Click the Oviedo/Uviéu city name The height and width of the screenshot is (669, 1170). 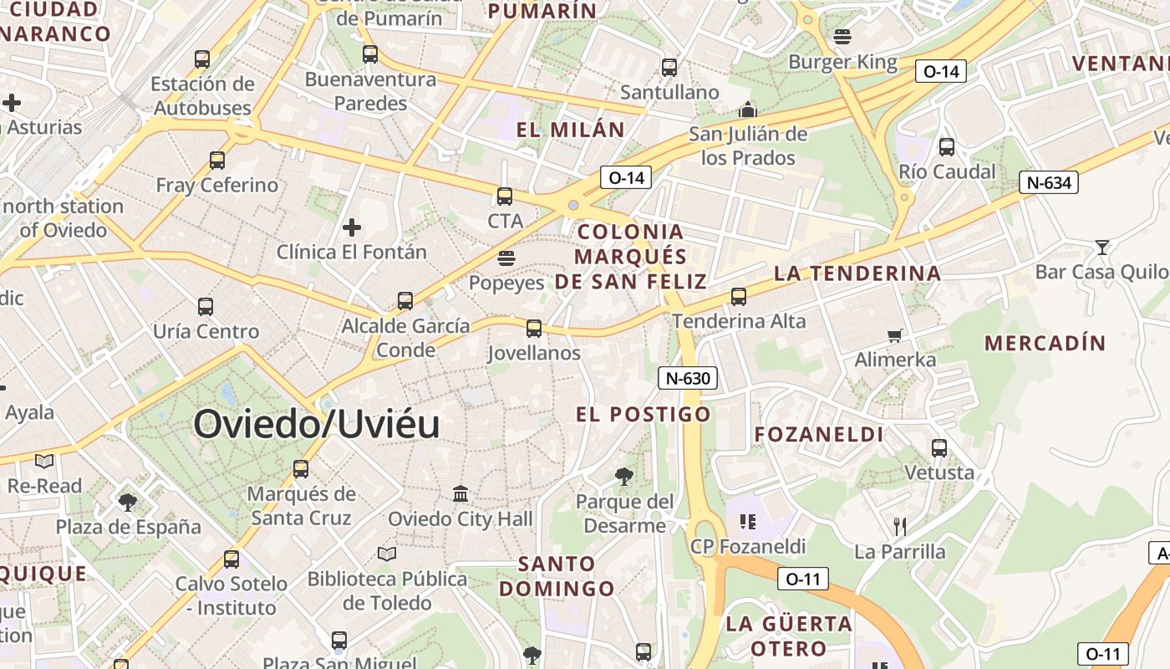coord(317,425)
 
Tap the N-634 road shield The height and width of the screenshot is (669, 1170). coord(1049,182)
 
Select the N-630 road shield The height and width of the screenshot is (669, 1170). coord(689,378)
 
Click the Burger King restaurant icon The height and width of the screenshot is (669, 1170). coord(842,37)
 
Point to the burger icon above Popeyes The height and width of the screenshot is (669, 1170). coord(506,258)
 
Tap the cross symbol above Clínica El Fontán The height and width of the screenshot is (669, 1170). coord(352,227)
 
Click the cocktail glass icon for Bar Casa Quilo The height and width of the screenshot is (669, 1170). coord(1102,248)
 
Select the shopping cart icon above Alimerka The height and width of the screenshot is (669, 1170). coord(895,336)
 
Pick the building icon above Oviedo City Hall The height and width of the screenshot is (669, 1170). coord(460,494)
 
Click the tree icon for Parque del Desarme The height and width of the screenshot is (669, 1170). coord(623,477)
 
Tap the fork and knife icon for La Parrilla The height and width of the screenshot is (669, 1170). coord(899,526)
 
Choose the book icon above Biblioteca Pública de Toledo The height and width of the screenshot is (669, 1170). coord(386,554)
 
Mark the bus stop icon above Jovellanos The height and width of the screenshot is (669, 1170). coord(534,329)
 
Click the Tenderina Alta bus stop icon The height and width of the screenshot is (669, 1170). coord(739,297)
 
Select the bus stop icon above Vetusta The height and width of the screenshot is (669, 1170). coord(939,448)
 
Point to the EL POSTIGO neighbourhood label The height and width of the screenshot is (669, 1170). coord(643,414)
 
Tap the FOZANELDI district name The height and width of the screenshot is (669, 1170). coord(818,434)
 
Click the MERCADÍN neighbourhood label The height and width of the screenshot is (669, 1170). coord(1045,343)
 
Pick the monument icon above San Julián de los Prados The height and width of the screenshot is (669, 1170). coord(747,110)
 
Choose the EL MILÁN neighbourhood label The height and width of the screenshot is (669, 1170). coord(571,130)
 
